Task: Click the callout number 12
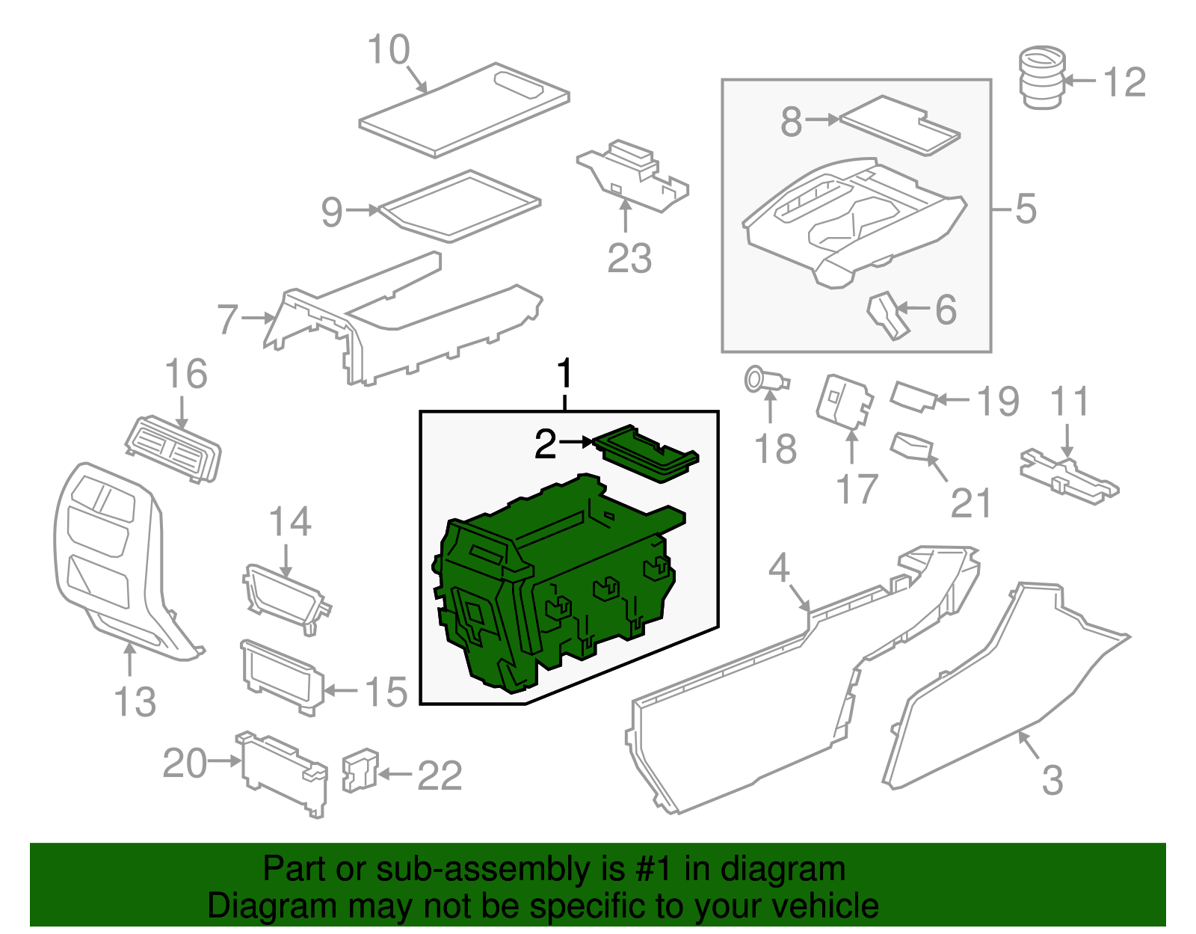point(1124,82)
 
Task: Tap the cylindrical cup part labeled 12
point(1042,78)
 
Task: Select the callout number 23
point(629,259)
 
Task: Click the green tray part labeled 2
point(646,453)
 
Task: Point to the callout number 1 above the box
point(565,374)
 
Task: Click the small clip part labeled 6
point(887,315)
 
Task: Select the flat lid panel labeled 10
point(463,111)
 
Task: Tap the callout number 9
point(332,212)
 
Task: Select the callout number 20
point(185,764)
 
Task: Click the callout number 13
point(135,702)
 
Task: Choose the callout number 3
point(1052,781)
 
